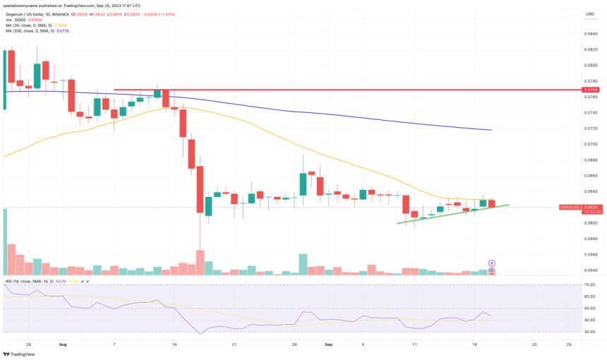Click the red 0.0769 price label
click(590, 90)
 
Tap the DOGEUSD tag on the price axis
click(570, 207)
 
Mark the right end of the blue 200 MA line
click(491, 130)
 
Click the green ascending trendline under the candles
click(452, 213)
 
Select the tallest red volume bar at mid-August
click(200, 261)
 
